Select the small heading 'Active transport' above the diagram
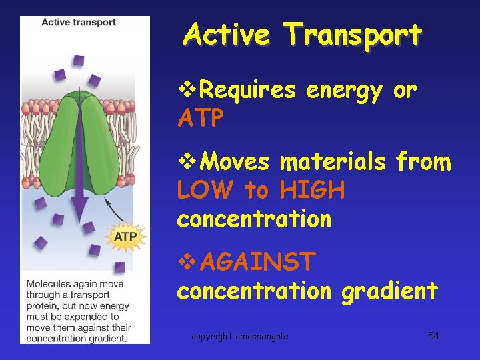click(79, 22)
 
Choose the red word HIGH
click(313, 191)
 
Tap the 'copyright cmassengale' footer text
click(240, 336)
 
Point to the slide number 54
click(433, 335)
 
